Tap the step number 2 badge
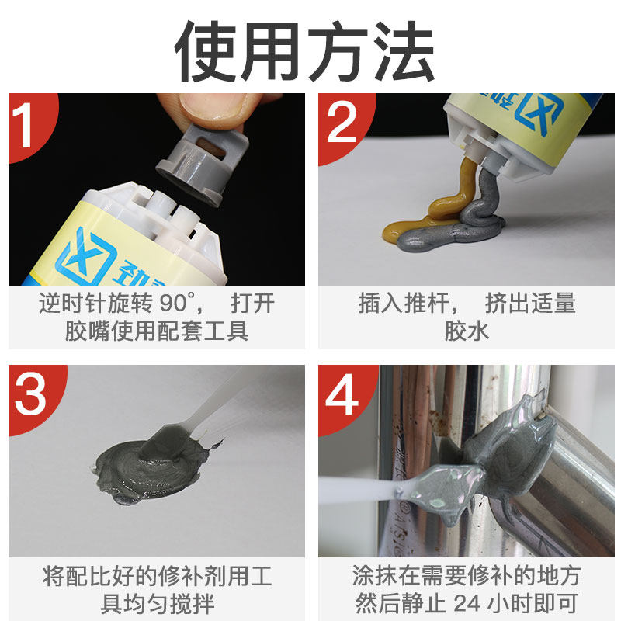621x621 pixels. pos(340,122)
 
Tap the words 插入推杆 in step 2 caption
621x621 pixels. pos(403,303)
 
